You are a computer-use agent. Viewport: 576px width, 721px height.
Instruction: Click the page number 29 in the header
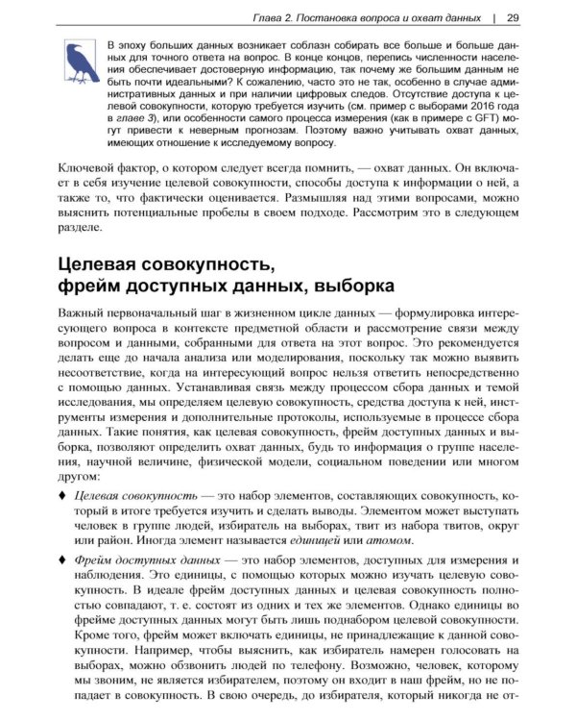(x=513, y=17)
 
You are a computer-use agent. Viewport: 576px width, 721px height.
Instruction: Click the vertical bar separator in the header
(x=494, y=17)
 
